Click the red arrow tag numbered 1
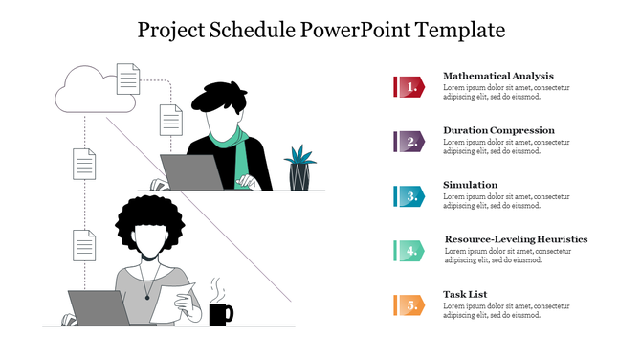(x=409, y=87)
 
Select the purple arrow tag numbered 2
(x=409, y=142)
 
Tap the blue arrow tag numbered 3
(x=409, y=196)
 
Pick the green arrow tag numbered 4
(x=409, y=251)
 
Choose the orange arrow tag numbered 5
(x=409, y=305)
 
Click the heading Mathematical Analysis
(x=498, y=76)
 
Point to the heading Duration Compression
(x=498, y=130)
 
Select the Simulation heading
(x=471, y=185)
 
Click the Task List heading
(x=466, y=294)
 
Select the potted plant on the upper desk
(x=299, y=167)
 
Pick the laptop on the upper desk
(x=191, y=172)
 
